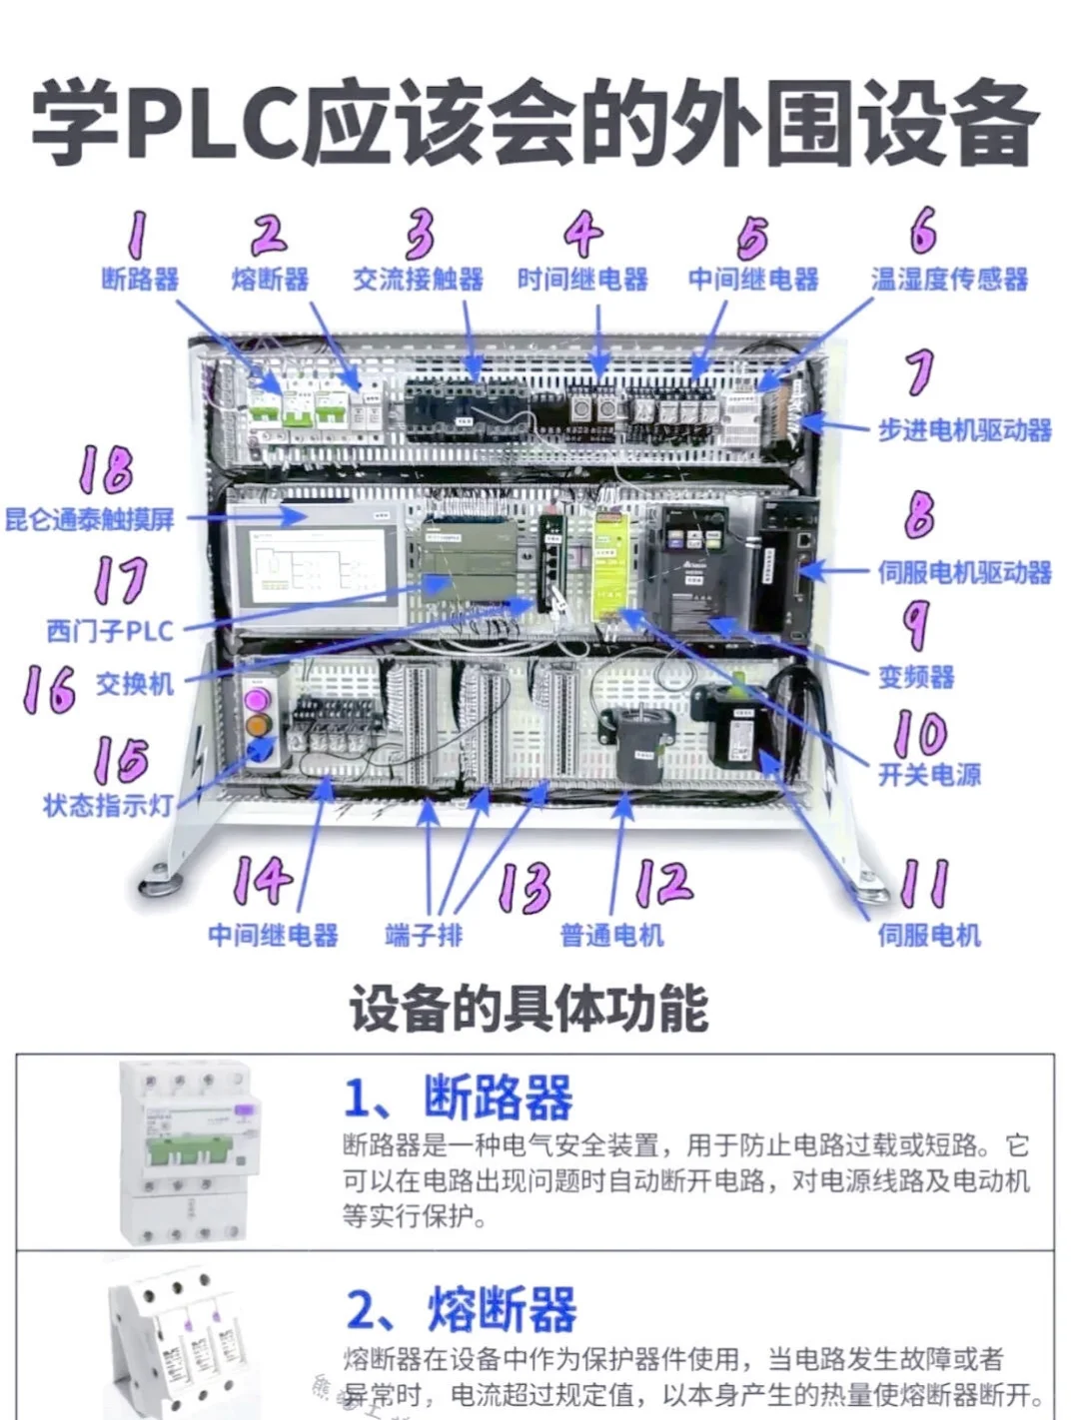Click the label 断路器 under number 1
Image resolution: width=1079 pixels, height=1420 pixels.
[x=140, y=279]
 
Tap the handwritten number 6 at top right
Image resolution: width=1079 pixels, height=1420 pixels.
[x=923, y=231]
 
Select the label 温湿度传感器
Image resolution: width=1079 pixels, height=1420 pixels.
[x=949, y=279]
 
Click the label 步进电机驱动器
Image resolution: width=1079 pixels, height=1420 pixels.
[x=964, y=430]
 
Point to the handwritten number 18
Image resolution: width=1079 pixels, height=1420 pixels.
[x=106, y=469]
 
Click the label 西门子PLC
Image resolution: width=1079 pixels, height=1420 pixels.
[x=110, y=631]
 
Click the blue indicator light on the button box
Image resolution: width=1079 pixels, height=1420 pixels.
[x=259, y=749]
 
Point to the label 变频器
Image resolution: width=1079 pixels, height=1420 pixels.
[x=915, y=677]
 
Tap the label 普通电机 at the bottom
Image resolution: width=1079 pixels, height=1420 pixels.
[x=611, y=935]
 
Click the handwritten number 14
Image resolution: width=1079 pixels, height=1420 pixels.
[x=263, y=880]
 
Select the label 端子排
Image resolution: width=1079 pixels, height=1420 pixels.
[x=424, y=935]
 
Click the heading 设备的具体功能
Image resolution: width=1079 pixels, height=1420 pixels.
[x=529, y=1009]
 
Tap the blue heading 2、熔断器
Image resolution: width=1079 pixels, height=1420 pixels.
[x=461, y=1309]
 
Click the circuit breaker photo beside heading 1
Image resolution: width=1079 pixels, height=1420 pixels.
[x=188, y=1151]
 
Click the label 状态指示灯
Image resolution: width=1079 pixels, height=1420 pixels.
[x=108, y=805]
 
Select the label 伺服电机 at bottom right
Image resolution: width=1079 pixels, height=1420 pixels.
[x=928, y=935]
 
